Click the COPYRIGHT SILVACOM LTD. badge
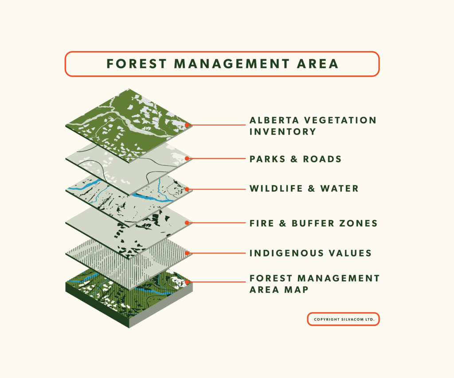click(343, 320)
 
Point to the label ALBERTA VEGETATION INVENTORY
click(313, 126)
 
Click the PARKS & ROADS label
click(295, 159)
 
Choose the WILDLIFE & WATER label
click(304, 189)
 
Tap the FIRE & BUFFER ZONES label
click(313, 223)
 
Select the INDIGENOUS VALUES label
click(310, 253)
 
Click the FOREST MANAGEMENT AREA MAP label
click(314, 284)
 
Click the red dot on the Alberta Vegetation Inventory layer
click(187, 125)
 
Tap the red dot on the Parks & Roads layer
click(187, 158)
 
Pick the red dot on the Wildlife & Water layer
click(187, 189)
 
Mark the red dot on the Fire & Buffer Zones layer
click(187, 223)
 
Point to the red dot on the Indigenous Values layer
click(187, 253)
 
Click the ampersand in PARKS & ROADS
click(294, 159)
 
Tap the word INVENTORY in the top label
click(283, 132)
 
